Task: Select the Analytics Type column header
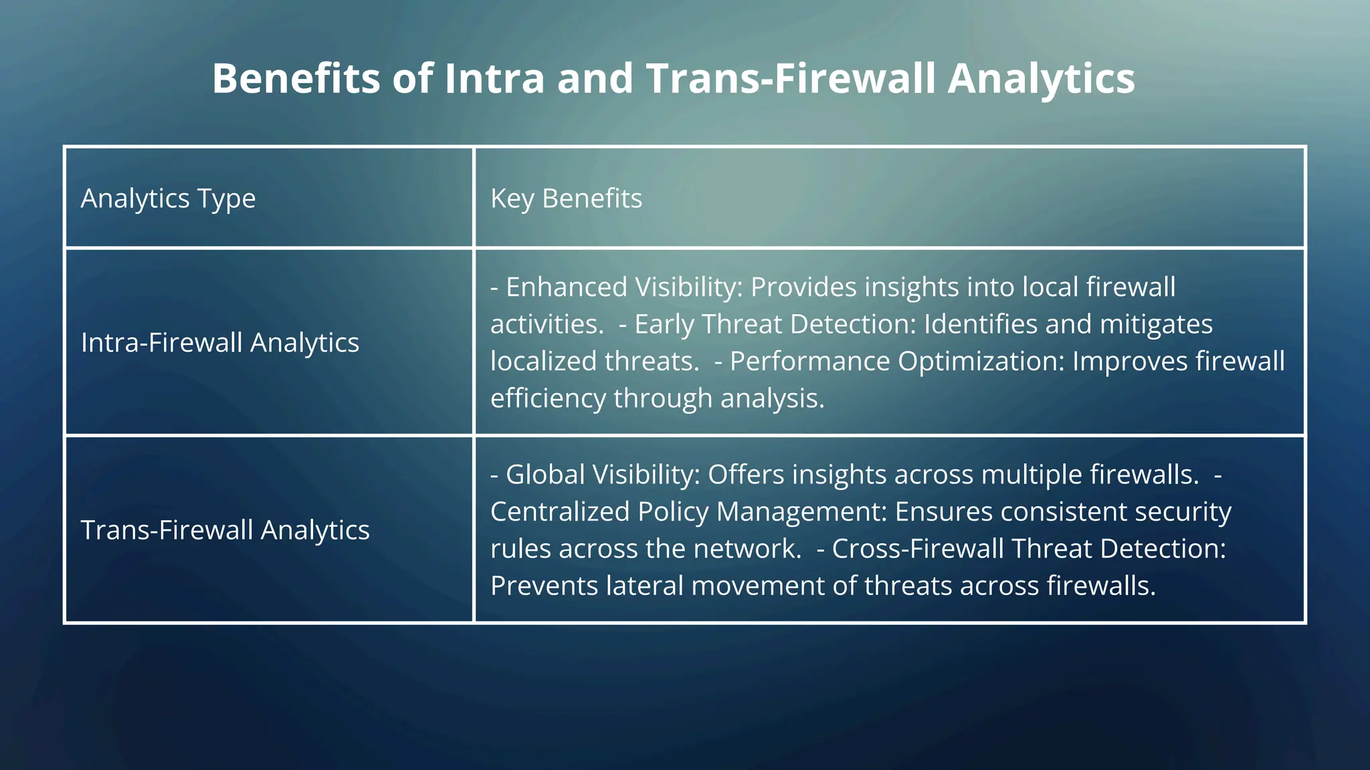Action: (x=168, y=199)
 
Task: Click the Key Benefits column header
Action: (x=566, y=199)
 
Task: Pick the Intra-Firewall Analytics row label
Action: (x=219, y=342)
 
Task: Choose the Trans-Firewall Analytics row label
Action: (x=225, y=530)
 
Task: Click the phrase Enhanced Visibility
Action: (x=621, y=287)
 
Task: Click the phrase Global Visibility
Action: (x=602, y=475)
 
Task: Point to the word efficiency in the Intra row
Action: (x=548, y=398)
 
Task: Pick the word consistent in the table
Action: (x=1063, y=511)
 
